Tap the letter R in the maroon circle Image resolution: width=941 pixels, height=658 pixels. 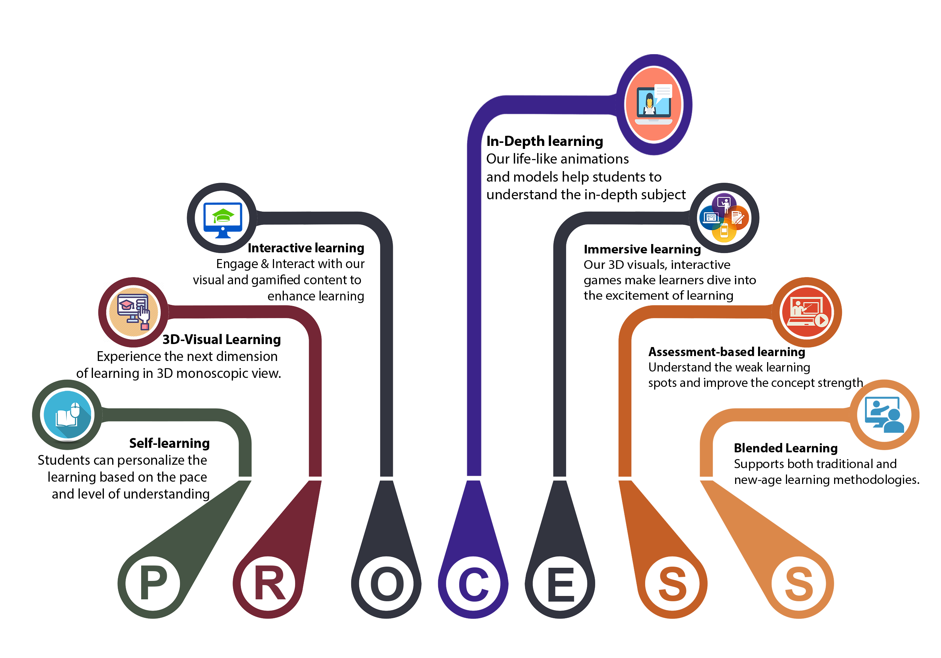[x=269, y=584]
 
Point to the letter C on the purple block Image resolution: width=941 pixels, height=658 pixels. [x=474, y=584]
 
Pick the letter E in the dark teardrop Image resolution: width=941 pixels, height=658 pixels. [x=561, y=584]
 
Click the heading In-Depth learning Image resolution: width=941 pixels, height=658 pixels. [x=544, y=141]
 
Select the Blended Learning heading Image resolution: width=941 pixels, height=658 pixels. [x=786, y=448]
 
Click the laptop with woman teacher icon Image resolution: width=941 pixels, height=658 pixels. [x=653, y=104]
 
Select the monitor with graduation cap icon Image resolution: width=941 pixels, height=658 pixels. [x=134, y=312]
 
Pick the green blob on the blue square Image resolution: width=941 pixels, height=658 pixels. [x=222, y=215]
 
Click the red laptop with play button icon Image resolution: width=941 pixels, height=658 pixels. [x=806, y=312]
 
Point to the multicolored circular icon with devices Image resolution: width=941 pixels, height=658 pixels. [x=724, y=218]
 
